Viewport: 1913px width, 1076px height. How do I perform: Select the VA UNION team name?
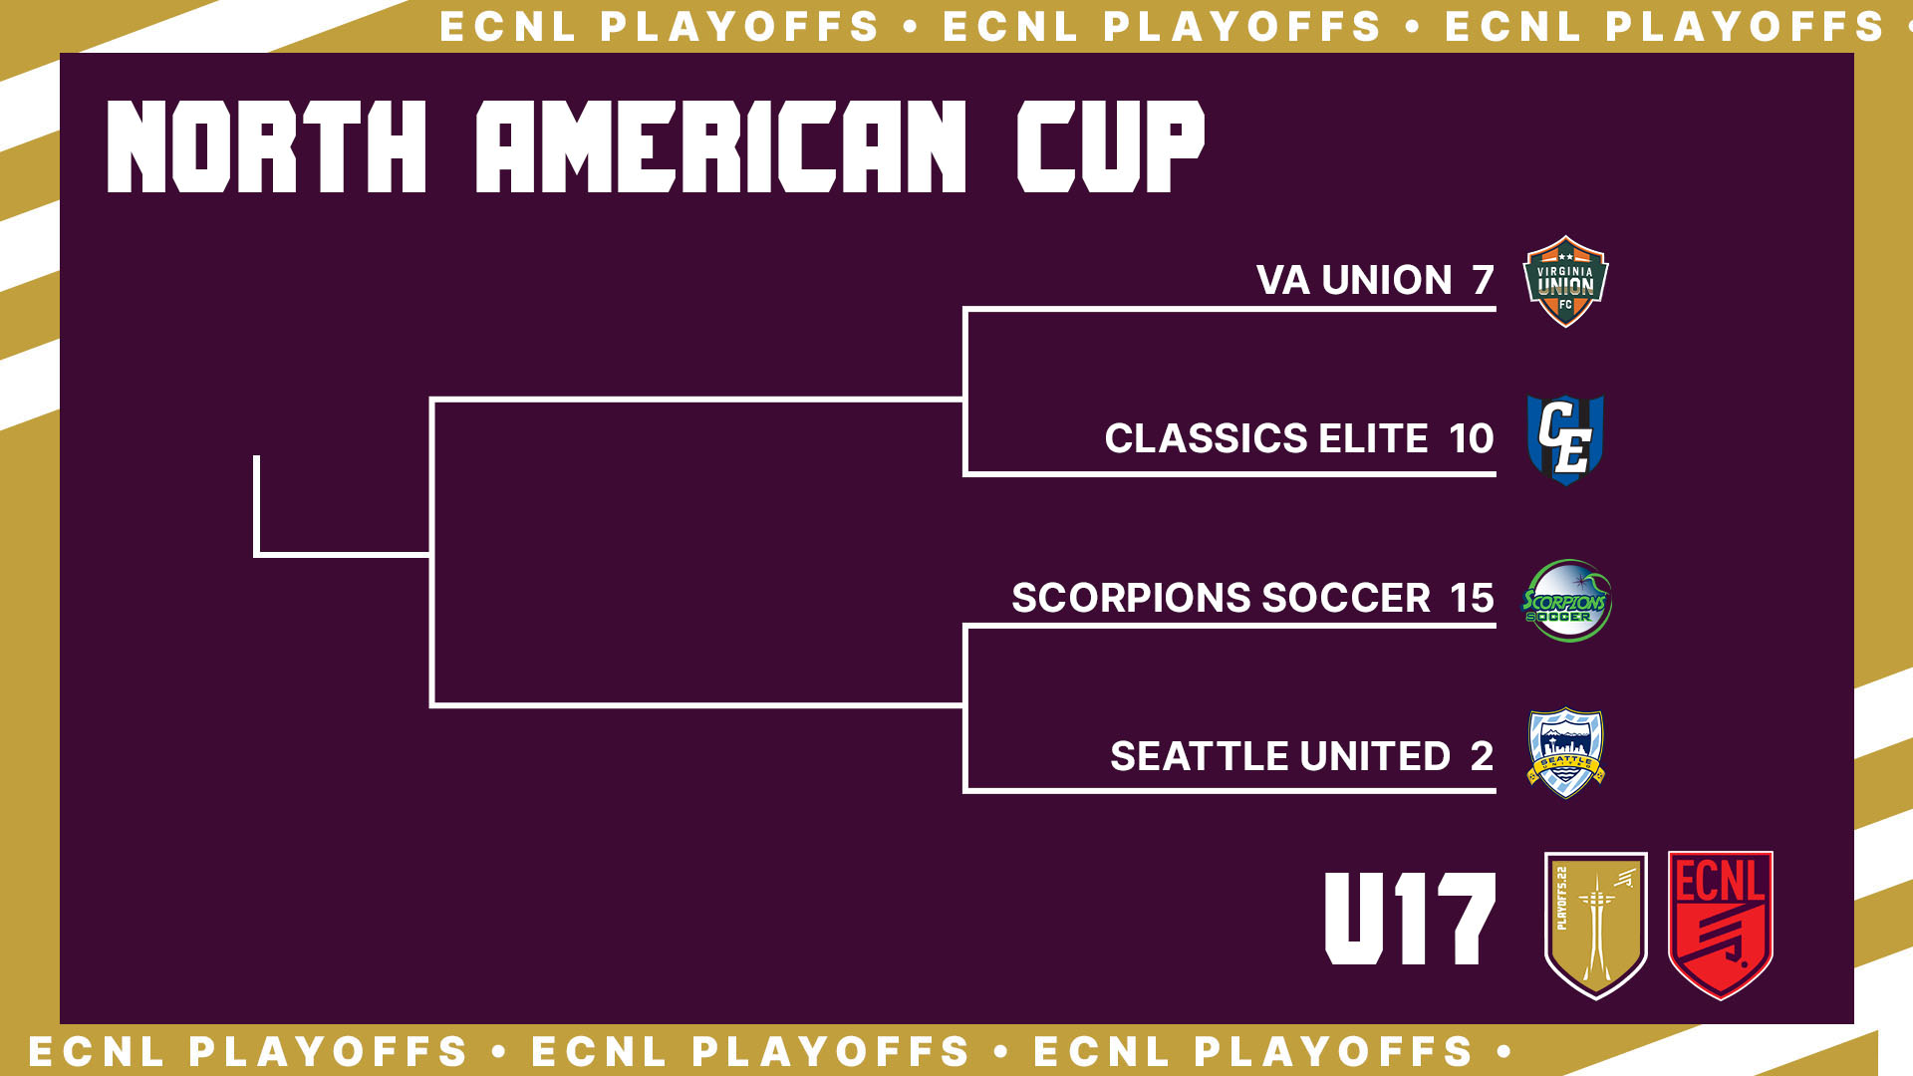[1354, 280]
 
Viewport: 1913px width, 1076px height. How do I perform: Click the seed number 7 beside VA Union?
[1484, 280]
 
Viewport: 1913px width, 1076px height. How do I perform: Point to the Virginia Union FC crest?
[1565, 281]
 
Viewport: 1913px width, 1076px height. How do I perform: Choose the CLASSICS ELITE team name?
[1266, 438]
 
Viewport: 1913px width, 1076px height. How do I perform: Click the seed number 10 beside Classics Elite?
[1472, 438]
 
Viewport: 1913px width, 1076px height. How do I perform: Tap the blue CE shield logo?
[1565, 439]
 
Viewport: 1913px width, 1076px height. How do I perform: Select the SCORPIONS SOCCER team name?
[1221, 598]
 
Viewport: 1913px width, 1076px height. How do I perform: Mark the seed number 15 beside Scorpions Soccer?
[1472, 598]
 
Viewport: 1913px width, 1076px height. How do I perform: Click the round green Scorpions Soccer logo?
[1566, 600]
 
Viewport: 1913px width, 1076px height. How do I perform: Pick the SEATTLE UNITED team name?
[1280, 756]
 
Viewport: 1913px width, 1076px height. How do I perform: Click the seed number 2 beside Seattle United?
[1483, 756]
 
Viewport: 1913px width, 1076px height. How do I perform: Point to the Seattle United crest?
[1565, 753]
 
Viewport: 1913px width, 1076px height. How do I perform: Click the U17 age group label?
[1410, 919]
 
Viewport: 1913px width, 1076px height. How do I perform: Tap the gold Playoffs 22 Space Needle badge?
[1595, 926]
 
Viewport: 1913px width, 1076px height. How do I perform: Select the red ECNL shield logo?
[1721, 926]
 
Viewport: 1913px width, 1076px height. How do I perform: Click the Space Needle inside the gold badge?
[1596, 927]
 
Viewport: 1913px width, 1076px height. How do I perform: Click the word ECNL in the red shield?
[1721, 881]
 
